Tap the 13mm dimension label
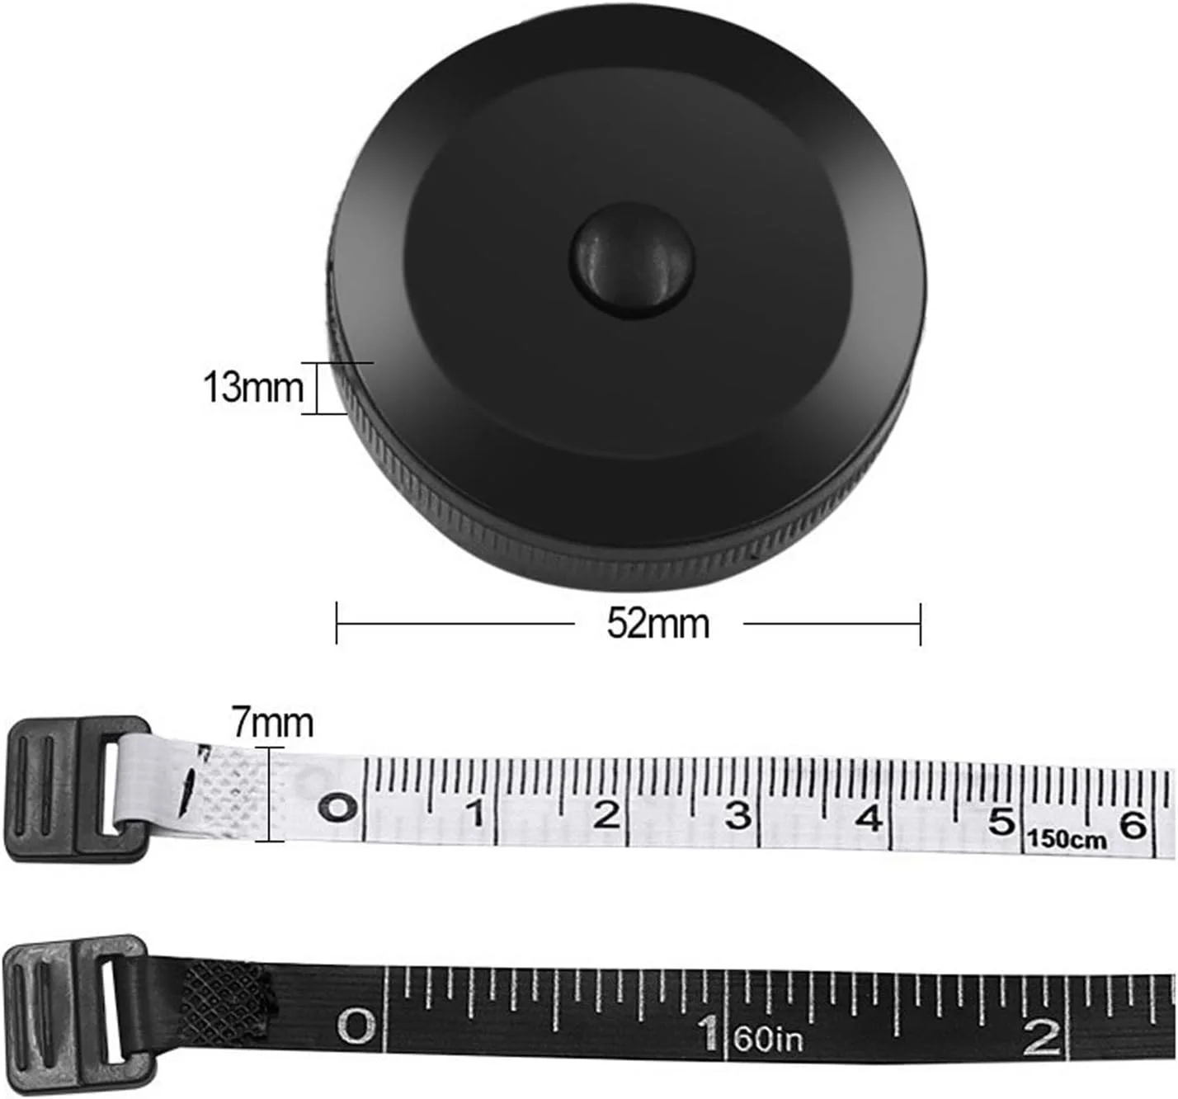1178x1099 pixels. click(x=253, y=387)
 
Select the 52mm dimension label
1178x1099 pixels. click(x=658, y=624)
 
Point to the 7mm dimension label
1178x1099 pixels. click(x=272, y=723)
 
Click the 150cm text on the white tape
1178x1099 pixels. click(x=1067, y=840)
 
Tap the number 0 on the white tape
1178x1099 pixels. click(x=338, y=808)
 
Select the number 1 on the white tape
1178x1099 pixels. click(x=474, y=814)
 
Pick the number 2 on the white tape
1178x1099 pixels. click(x=606, y=815)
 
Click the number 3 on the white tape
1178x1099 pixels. click(x=737, y=816)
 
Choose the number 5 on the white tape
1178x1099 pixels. click(x=1001, y=821)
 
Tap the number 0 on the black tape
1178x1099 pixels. click(x=357, y=1027)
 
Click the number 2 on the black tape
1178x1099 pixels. click(x=1041, y=1037)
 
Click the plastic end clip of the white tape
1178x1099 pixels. click(x=76, y=789)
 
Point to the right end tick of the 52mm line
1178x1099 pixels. click(x=921, y=624)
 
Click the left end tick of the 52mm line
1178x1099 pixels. click(x=337, y=623)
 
